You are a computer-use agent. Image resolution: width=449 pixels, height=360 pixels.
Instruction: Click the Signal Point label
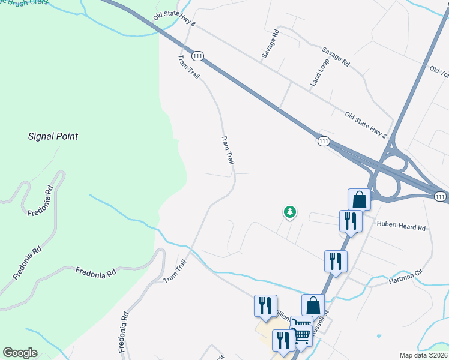(53, 136)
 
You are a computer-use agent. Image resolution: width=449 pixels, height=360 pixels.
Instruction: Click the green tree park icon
(290, 212)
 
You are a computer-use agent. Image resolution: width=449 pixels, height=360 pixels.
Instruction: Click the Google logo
(20, 353)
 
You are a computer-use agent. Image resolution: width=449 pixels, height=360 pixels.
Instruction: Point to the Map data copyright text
(423, 355)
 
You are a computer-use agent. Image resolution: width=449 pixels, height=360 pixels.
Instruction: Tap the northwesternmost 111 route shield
(198, 55)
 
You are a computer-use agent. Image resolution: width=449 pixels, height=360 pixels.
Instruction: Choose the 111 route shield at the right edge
(441, 196)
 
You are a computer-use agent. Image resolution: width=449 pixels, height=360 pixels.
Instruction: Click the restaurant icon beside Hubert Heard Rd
(349, 221)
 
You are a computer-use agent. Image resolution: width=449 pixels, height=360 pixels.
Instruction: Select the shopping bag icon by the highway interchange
(359, 199)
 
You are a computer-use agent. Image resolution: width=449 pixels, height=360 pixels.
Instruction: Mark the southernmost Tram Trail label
(175, 271)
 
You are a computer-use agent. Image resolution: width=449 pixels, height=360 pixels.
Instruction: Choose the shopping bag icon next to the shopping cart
(313, 305)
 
